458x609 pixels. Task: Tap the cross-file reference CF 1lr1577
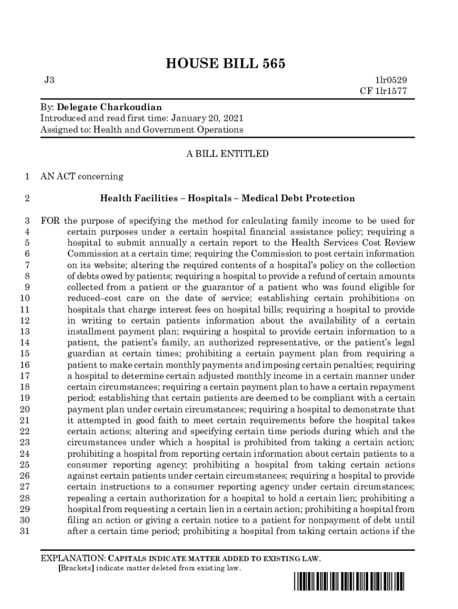(x=384, y=91)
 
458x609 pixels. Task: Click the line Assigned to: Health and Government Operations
(x=142, y=129)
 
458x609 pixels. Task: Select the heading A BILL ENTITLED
(x=228, y=154)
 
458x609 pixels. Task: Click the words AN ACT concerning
(x=81, y=176)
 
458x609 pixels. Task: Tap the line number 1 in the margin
(x=27, y=176)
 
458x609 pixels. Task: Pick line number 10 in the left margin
(x=25, y=298)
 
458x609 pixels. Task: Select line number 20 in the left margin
(x=25, y=409)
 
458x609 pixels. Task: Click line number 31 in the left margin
(x=25, y=532)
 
